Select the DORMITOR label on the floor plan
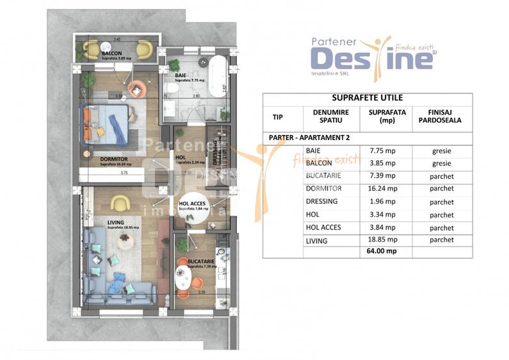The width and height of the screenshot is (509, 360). [x=113, y=158]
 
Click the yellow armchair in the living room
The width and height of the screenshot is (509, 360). [x=118, y=203]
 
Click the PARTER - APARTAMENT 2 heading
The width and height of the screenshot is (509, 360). [x=307, y=137]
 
